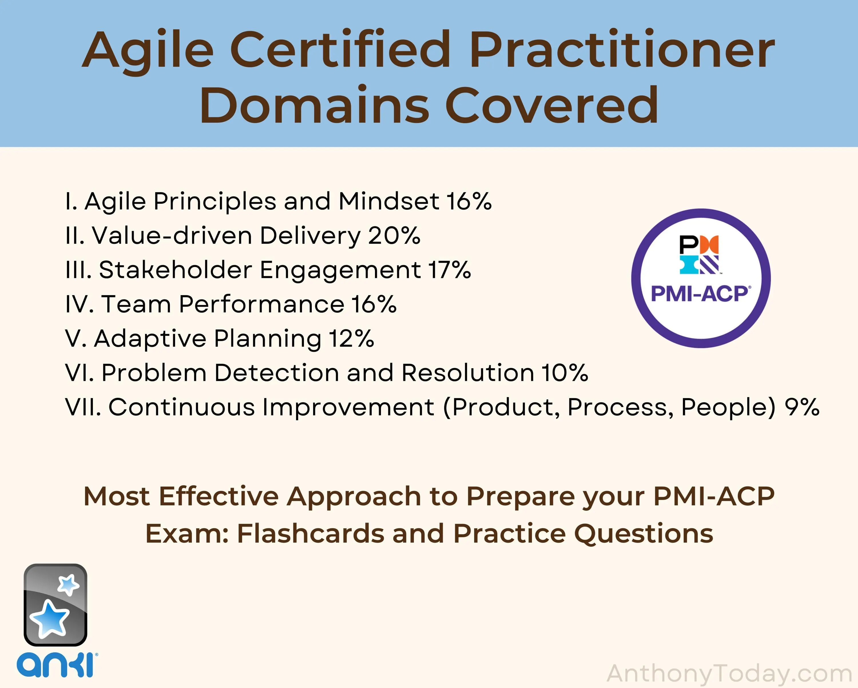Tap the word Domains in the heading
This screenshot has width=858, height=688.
[x=314, y=106]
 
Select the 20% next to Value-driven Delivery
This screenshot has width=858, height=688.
[x=394, y=235]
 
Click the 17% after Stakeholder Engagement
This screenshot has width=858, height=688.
[x=450, y=270]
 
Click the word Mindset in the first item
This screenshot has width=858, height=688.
[x=389, y=201]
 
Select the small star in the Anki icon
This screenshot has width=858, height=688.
[x=68, y=584]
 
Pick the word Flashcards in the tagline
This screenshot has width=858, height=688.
[x=311, y=533]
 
